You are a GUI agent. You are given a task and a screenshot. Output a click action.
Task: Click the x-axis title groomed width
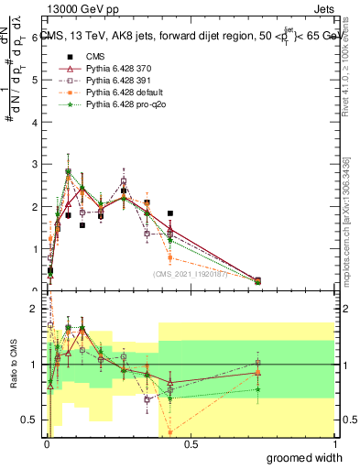tap(305, 457)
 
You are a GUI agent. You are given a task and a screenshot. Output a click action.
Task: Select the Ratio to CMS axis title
tap(13, 364)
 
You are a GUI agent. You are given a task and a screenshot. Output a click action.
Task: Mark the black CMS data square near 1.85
tap(170, 213)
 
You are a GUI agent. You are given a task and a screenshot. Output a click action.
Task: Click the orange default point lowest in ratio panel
tap(170, 432)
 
